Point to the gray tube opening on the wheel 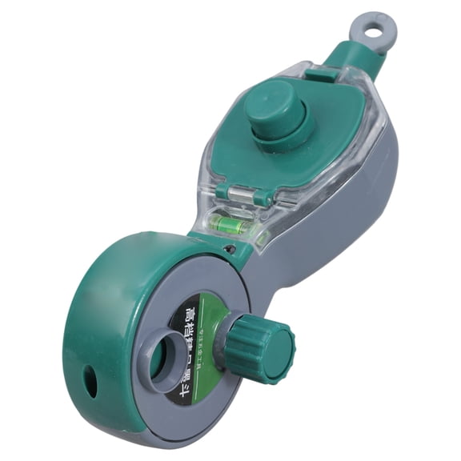pos(169,359)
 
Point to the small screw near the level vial pos(230,250)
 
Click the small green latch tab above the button pos(321,74)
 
